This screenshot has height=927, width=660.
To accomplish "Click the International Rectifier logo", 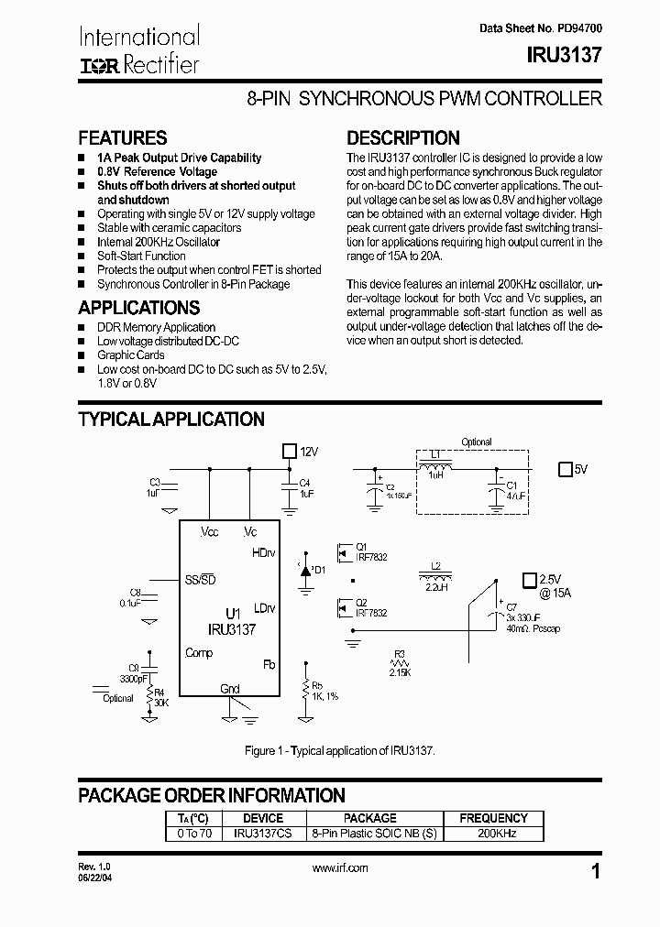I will (138, 50).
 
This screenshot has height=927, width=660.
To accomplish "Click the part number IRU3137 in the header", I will (565, 55).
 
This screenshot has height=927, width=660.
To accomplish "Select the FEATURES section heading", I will (122, 138).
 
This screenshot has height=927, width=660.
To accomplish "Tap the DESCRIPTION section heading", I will (402, 138).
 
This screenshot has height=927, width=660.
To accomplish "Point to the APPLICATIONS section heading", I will (138, 308).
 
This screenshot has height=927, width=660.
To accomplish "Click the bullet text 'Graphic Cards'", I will (131, 355).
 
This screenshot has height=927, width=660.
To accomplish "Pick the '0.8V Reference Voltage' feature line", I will (157, 171).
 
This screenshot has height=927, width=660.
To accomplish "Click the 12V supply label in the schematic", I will (308, 452).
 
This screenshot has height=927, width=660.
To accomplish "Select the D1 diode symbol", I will (305, 570).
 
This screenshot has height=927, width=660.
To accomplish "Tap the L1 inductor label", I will (435, 454).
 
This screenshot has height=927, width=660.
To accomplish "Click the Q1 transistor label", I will (361, 546).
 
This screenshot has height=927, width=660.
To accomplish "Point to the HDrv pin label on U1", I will (263, 553).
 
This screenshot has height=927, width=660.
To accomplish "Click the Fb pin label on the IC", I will (269, 664).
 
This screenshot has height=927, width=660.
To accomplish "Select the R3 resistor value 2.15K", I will (400, 672).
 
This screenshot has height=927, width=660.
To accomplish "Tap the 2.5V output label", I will (550, 580).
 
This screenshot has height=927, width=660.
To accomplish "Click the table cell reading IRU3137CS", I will (262, 834).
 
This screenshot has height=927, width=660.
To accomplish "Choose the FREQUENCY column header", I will (492, 817).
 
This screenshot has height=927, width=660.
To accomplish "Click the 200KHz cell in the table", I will (492, 834).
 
